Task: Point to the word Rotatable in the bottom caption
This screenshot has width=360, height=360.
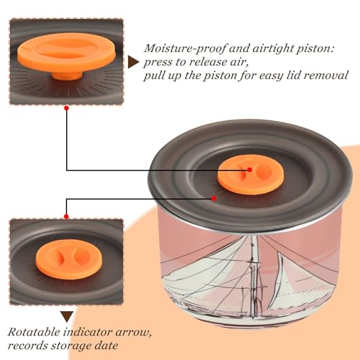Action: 34,333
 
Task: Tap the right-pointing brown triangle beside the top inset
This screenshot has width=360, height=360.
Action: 133,63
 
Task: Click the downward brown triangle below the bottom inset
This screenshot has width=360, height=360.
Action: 67,317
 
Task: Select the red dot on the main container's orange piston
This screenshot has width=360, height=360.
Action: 250,170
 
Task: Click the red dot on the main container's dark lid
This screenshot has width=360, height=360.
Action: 214,199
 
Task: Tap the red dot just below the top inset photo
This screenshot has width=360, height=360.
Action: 67,109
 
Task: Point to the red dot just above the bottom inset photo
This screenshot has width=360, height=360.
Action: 66,217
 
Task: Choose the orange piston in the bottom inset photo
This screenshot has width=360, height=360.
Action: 69,259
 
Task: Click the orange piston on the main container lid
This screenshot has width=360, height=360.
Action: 251,175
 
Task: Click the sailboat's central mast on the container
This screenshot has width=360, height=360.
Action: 254,276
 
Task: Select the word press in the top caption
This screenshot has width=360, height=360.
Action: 158,63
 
